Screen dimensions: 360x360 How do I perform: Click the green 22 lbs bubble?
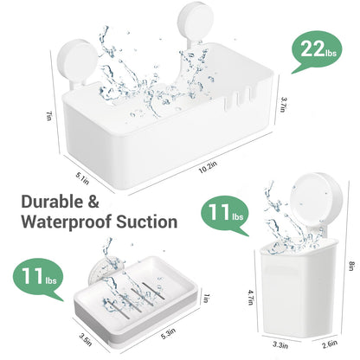(316, 49)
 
